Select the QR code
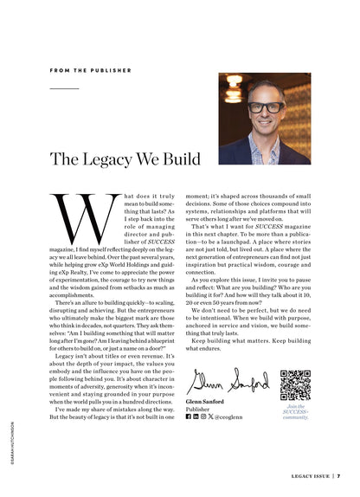tap(294, 384)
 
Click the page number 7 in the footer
tap(338, 475)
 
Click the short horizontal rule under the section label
tap(64, 88)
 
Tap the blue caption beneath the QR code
tap(295, 411)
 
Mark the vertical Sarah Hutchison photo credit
tap(11, 442)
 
